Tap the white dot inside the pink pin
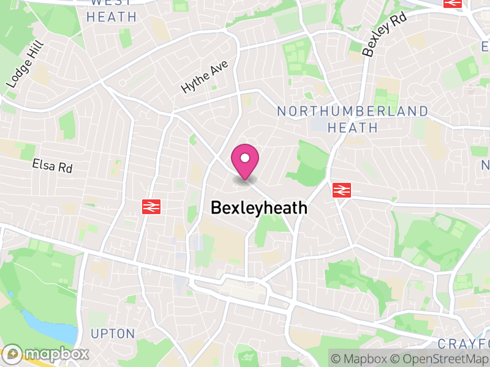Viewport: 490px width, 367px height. (245, 158)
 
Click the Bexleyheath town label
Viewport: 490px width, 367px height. (258, 208)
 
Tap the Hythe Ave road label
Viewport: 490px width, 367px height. (204, 77)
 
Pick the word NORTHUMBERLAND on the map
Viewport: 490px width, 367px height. (352, 111)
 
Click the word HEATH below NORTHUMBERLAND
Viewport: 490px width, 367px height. (352, 127)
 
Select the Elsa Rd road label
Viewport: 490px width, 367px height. (53, 165)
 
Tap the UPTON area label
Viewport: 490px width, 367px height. (113, 334)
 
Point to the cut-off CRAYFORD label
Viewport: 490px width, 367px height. (465, 343)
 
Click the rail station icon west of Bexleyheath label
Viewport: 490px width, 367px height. (151, 207)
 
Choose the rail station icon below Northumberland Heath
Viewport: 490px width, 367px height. (342, 190)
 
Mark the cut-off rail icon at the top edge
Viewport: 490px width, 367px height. (453, 3)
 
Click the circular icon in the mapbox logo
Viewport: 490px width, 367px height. (12, 354)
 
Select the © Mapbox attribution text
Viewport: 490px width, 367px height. (358, 358)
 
